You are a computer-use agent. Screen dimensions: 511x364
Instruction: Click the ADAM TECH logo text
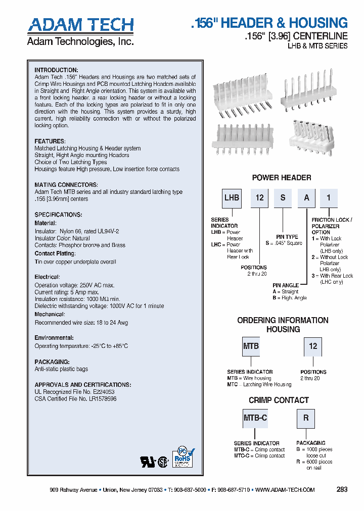point(80,25)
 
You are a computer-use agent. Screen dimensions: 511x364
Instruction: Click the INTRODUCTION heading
point(56,70)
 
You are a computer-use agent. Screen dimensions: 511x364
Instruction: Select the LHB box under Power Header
point(232,198)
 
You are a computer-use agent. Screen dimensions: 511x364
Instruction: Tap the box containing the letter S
point(283,198)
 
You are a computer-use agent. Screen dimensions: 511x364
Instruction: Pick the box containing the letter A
point(306,198)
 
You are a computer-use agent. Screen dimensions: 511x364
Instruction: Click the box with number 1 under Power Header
point(329,198)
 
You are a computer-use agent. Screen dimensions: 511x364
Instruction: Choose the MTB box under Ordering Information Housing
point(251,346)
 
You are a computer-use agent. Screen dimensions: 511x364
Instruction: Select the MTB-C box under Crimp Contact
point(255,418)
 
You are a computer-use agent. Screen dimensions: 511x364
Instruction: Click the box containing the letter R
point(306,418)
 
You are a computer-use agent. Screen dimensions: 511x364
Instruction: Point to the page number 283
point(342,489)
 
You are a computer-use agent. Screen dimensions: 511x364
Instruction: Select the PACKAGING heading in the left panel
point(52,362)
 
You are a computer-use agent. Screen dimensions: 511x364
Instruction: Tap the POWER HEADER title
point(282,178)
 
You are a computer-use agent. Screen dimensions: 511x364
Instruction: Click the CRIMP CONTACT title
point(279,400)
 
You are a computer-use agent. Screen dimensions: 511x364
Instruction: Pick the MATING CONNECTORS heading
point(66,185)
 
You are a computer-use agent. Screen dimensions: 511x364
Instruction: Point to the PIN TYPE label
point(287,237)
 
